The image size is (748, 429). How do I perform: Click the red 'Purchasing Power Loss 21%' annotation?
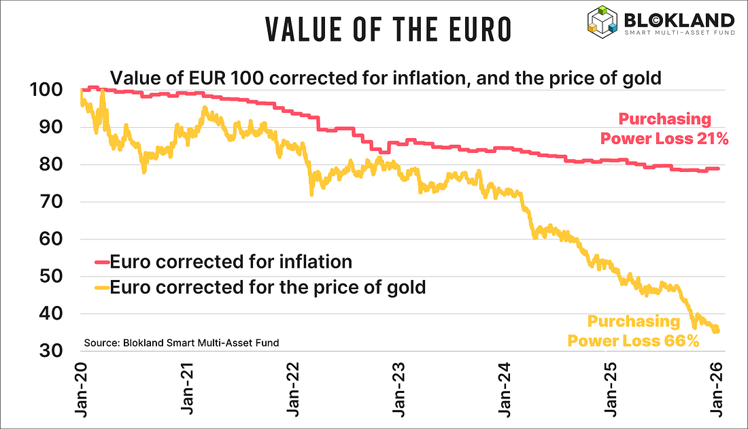click(664, 129)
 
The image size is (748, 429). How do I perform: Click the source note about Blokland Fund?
click(181, 343)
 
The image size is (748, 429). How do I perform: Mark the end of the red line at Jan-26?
click(718, 169)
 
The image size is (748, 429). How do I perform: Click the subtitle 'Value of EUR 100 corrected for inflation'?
click(386, 78)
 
